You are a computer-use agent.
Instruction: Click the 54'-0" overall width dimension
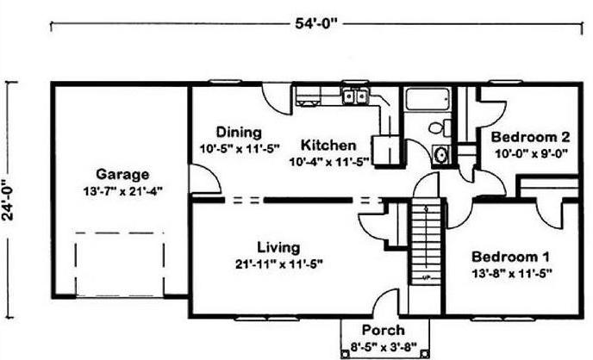point(315,23)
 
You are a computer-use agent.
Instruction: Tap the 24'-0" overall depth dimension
point(8,199)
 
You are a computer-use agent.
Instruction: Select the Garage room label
point(122,174)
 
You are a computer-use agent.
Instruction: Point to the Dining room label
point(239,133)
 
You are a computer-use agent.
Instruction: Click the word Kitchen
point(328,145)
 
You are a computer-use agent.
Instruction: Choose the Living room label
point(278,248)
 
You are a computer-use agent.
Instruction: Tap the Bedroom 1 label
point(510,257)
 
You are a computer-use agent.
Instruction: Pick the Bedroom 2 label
point(530,137)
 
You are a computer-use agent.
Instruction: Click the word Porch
point(383,330)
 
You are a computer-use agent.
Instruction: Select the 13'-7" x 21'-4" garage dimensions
point(122,191)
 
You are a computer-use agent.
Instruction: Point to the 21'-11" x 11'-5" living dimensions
point(279,264)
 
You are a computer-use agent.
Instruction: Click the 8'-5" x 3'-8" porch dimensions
point(384,346)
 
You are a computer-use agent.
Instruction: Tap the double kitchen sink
point(355,96)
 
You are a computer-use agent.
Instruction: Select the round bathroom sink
point(440,154)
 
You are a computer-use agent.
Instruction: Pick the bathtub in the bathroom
point(428,99)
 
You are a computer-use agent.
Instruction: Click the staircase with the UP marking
point(426,241)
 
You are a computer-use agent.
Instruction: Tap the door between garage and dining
point(204,179)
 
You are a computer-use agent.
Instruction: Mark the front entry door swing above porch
point(385,301)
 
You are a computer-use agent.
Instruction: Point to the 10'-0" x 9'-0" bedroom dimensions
point(531,154)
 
